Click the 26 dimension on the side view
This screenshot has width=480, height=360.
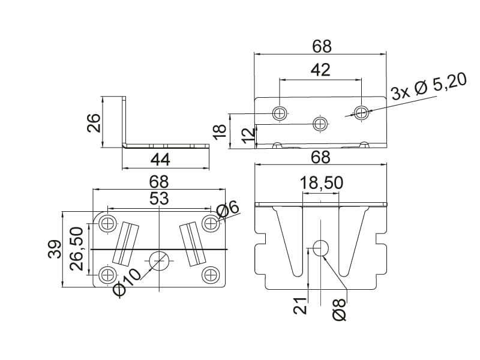click(93, 124)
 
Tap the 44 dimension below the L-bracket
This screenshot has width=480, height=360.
click(160, 160)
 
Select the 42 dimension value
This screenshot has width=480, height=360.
click(320, 70)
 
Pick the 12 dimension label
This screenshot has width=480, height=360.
click(247, 136)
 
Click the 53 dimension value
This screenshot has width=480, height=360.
click(158, 199)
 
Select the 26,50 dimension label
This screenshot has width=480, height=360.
click(76, 248)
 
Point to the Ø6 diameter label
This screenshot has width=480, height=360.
click(228, 210)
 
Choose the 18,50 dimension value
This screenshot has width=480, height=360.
click(321, 183)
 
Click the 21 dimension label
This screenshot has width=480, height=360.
click(301, 306)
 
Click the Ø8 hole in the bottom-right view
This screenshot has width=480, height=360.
click(320, 247)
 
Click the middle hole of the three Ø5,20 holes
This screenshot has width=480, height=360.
click(320, 124)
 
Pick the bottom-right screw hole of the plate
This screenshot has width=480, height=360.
click(211, 275)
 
